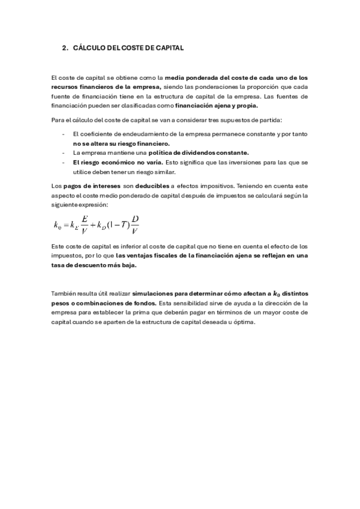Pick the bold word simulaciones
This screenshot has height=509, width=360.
point(155,294)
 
